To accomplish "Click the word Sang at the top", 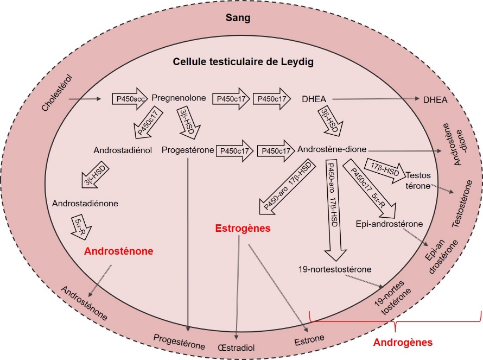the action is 238,17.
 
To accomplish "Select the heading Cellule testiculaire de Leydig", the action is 243,62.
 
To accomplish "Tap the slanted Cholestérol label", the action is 58,93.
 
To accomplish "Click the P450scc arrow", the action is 130,99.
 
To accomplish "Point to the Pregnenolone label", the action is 179,98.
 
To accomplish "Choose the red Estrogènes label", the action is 243,229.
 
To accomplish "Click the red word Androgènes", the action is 403,342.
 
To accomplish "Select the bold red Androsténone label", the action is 119,251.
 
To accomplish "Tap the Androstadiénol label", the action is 123,150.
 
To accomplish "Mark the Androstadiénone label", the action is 85,204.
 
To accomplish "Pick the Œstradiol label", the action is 236,348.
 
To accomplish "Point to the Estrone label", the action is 309,340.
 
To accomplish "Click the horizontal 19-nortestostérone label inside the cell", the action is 335,269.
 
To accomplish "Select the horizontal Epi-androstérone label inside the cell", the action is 389,224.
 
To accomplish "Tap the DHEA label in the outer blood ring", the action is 435,100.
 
